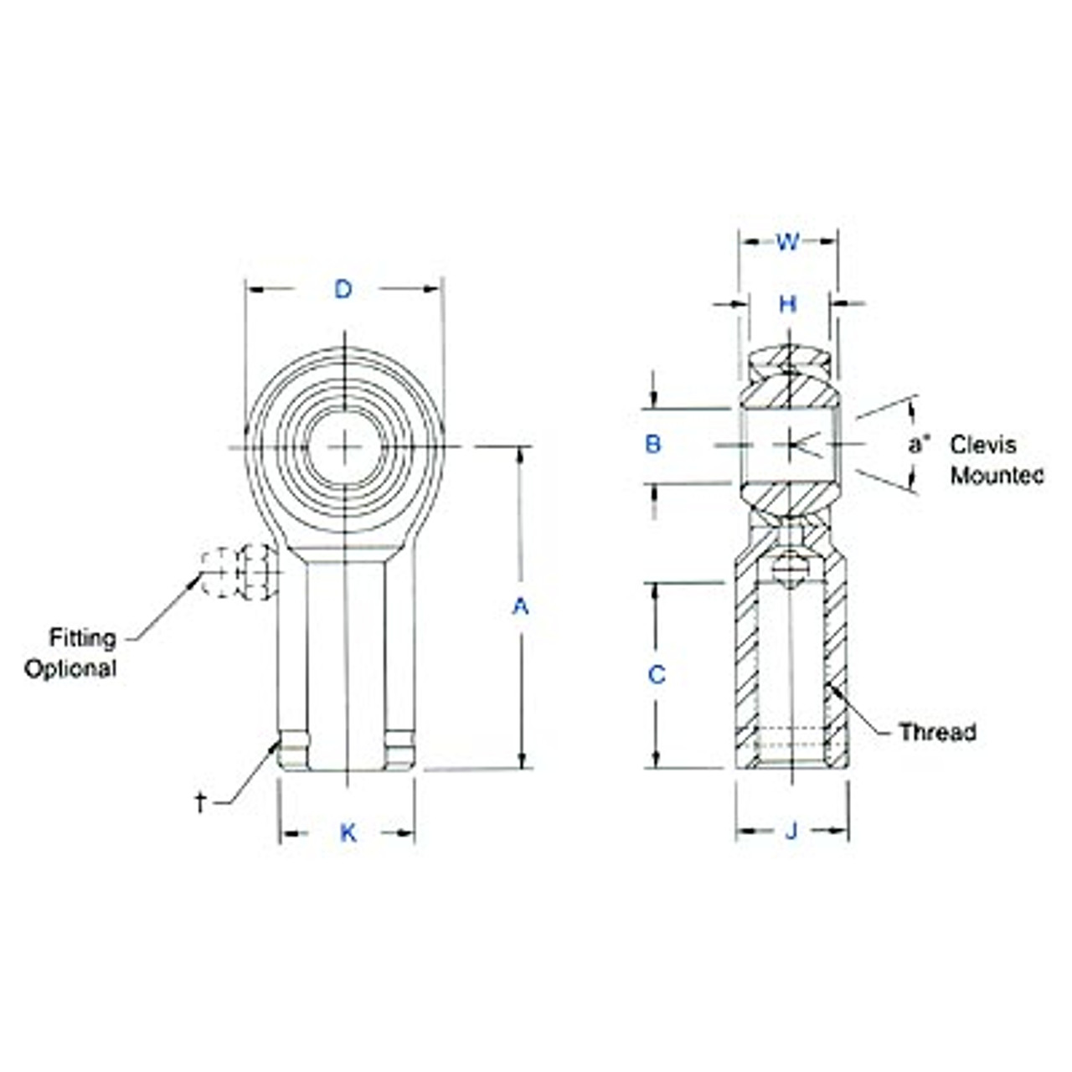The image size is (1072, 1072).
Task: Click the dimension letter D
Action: pyautogui.click(x=343, y=290)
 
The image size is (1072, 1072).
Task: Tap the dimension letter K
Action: pyautogui.click(x=348, y=832)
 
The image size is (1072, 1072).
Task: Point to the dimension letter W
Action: pyautogui.click(x=787, y=242)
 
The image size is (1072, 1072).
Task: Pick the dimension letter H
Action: pyautogui.click(x=787, y=304)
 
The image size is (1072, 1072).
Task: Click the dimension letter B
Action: pyautogui.click(x=653, y=445)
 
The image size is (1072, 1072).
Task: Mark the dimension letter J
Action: pyautogui.click(x=791, y=832)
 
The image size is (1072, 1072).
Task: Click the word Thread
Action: pyautogui.click(x=937, y=732)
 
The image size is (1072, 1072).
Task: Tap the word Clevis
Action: pyautogui.click(x=983, y=445)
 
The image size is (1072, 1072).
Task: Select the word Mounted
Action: pyautogui.click(x=997, y=476)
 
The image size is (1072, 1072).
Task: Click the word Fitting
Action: pyautogui.click(x=82, y=638)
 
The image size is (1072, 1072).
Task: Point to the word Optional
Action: pyautogui.click(x=70, y=668)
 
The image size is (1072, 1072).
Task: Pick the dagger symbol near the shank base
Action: pyautogui.click(x=200, y=802)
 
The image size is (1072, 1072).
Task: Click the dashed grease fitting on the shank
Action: pyautogui.click(x=240, y=572)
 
